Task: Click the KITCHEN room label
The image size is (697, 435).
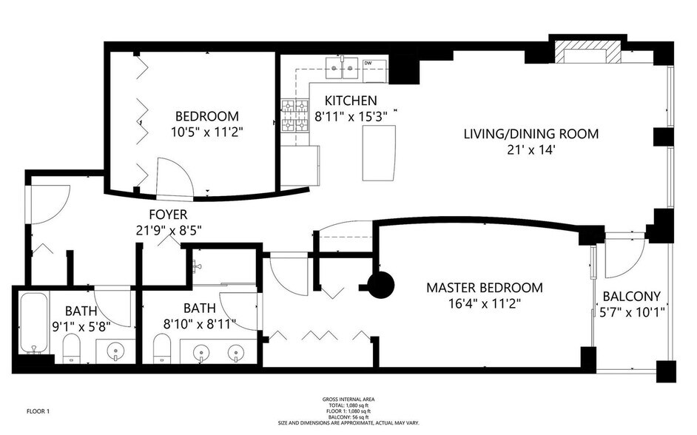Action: coord(351,101)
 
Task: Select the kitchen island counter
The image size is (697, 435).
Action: coord(379,153)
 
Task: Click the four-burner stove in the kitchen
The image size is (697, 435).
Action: coord(295,116)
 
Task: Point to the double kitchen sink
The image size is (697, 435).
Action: coord(343,68)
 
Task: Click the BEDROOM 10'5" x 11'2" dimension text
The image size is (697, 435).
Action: coord(207,132)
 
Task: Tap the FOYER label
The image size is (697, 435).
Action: coord(168,215)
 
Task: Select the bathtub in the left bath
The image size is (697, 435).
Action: coord(34,323)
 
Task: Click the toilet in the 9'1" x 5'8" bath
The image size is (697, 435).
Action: coord(71,348)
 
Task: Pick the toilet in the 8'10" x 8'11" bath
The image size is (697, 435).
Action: coord(162,348)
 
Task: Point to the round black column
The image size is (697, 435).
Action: coord(381,286)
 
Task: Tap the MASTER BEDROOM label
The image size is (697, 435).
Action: coord(485,288)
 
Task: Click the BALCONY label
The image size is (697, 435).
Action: coord(631,296)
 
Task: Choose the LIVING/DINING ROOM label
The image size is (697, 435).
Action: coord(531,134)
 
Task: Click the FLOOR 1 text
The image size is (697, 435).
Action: coord(38,411)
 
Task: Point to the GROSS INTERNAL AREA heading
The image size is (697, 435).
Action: coord(348,399)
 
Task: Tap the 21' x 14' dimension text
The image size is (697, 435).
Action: coord(531,149)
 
